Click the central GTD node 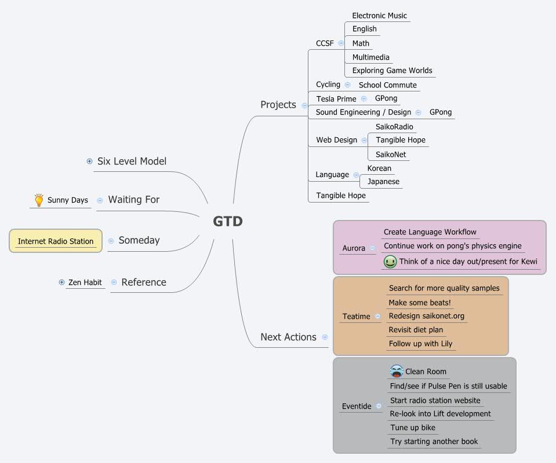pyautogui.click(x=228, y=221)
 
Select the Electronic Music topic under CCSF pyautogui.click(x=379, y=16)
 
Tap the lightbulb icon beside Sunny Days pyautogui.click(x=39, y=200)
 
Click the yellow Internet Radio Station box pyautogui.click(x=56, y=241)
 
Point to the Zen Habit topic pyautogui.click(x=85, y=282)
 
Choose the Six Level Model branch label pyautogui.click(x=132, y=161)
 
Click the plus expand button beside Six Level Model pyautogui.click(x=89, y=161)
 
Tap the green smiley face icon pyautogui.click(x=390, y=262)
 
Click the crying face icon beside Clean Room pyautogui.click(x=397, y=371)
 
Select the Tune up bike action pyautogui.click(x=412, y=428)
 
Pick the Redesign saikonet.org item pyautogui.click(x=426, y=316)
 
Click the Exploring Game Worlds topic pyautogui.click(x=392, y=71)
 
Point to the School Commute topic pyautogui.click(x=387, y=85)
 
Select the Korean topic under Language pyautogui.click(x=379, y=168)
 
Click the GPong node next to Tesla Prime pyautogui.click(x=386, y=98)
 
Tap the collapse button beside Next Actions pyautogui.click(x=325, y=337)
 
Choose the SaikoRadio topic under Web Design pyautogui.click(x=394, y=127)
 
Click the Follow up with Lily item pyautogui.click(x=420, y=344)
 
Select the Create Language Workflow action pyautogui.click(x=430, y=232)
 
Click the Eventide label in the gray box pyautogui.click(x=357, y=406)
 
